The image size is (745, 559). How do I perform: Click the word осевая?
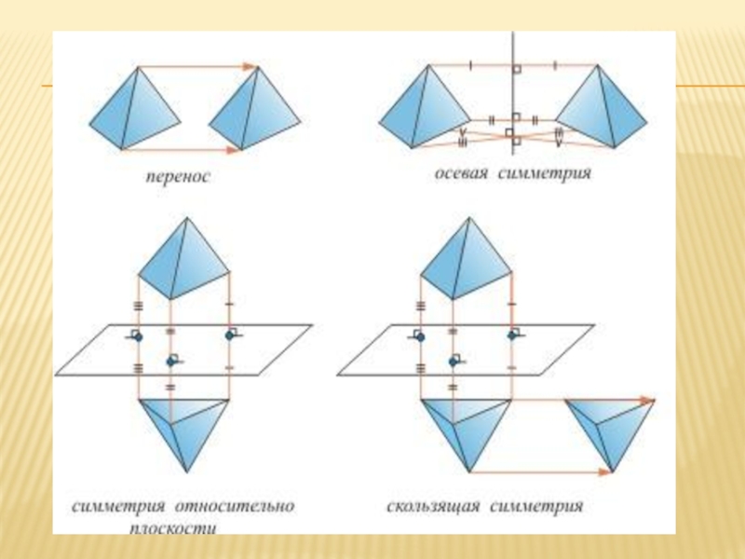pos(462,173)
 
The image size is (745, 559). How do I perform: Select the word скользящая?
pos(433,508)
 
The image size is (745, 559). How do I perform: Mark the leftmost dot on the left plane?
pos(138,336)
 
